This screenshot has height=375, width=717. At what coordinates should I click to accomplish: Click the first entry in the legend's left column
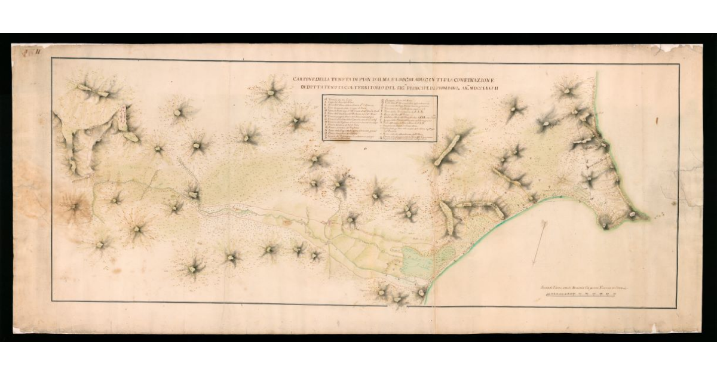point(344,98)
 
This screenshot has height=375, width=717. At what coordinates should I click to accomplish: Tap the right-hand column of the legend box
point(407,118)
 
